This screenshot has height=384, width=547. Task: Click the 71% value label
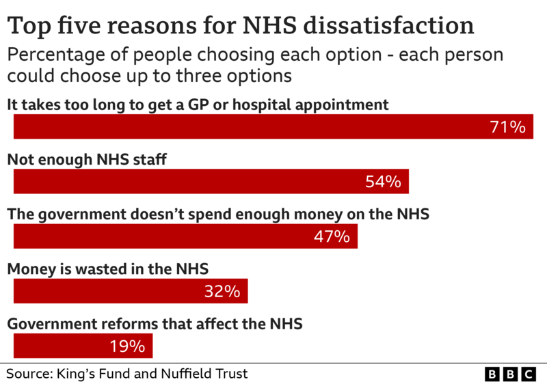point(507,127)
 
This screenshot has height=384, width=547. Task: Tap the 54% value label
point(382,182)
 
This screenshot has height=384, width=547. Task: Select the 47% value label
point(332,236)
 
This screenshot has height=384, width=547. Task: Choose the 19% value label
point(127,346)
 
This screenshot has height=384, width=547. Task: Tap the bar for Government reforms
point(62,346)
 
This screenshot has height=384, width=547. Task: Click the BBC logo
point(510,374)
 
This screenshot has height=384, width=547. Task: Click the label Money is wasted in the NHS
point(107,269)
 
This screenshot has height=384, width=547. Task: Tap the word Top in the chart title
point(27,25)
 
